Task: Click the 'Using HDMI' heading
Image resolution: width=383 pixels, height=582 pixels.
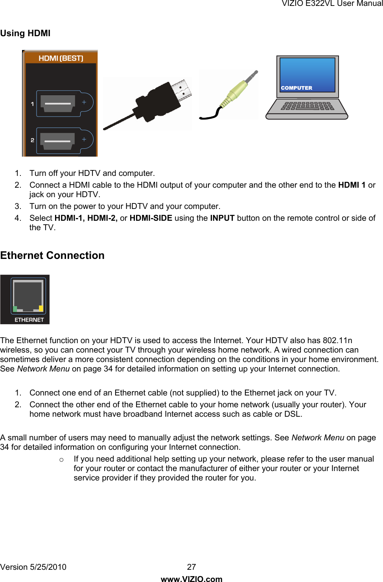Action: [x=25, y=33]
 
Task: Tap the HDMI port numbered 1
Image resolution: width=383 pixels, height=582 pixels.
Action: [x=58, y=104]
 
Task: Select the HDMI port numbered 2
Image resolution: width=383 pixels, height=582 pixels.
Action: [x=58, y=140]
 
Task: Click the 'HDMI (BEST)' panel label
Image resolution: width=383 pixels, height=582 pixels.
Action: [x=61, y=58]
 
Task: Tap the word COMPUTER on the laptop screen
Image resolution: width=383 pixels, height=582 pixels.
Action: [x=296, y=88]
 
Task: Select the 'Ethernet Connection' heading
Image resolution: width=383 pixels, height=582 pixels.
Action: [x=52, y=255]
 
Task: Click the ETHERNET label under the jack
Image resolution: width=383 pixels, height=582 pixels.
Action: [x=29, y=320]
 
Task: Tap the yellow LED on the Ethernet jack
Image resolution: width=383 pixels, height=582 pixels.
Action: [x=41, y=308]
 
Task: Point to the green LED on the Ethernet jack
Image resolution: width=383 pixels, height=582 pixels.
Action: [x=15, y=309]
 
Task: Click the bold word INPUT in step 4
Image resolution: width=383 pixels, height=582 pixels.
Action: [x=222, y=218]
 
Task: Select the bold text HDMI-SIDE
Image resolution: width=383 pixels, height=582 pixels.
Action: [x=151, y=218]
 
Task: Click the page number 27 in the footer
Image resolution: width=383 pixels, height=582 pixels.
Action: [x=191, y=567]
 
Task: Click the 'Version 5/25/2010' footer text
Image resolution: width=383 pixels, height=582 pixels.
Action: [x=33, y=567]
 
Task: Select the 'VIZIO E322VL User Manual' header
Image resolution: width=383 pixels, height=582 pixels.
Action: [x=332, y=4]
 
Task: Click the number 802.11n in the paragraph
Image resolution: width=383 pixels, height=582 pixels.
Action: [x=337, y=340]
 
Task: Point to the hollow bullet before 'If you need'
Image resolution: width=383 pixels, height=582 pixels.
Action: [x=61, y=460]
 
